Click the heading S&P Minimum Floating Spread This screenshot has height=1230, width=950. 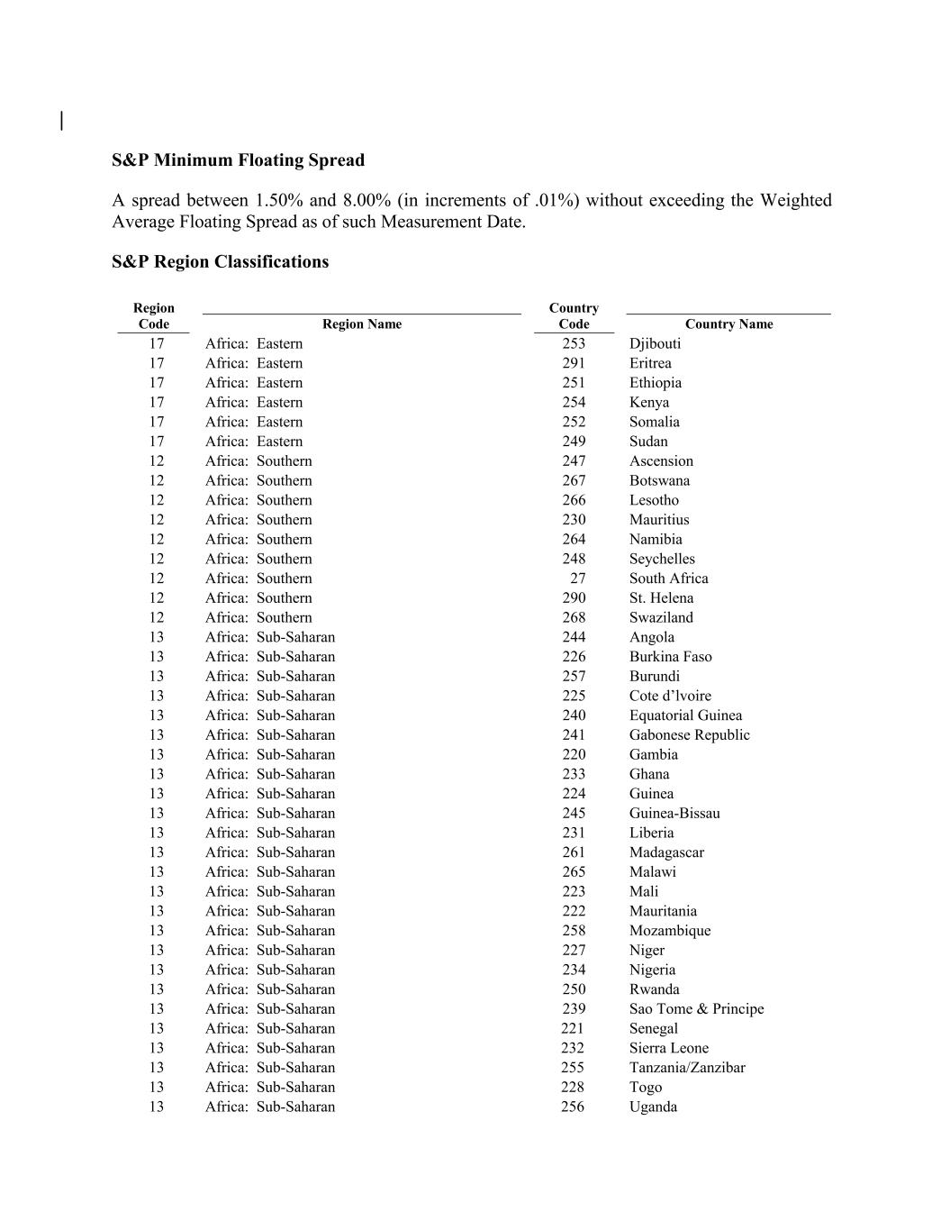[238, 160]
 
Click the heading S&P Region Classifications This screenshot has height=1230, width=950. [220, 262]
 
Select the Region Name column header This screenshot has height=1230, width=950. [361, 324]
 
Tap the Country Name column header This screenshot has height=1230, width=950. [728, 324]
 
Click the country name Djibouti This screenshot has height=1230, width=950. [655, 343]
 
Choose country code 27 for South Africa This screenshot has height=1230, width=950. [577, 579]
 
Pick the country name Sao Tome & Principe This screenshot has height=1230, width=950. [696, 1009]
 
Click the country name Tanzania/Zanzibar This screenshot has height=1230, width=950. [687, 1068]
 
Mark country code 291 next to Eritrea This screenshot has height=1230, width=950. [574, 363]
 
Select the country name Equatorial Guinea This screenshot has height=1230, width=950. [685, 715]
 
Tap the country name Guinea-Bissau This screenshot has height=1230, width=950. [674, 814]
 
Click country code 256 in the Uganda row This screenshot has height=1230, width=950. [573, 1107]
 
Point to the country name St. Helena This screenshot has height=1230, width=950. [661, 598]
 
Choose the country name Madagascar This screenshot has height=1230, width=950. [666, 852]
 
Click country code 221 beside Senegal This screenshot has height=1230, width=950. [573, 1028]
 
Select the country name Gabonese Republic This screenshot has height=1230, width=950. [689, 735]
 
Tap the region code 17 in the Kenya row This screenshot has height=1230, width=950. [157, 402]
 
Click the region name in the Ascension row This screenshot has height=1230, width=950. [258, 461]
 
